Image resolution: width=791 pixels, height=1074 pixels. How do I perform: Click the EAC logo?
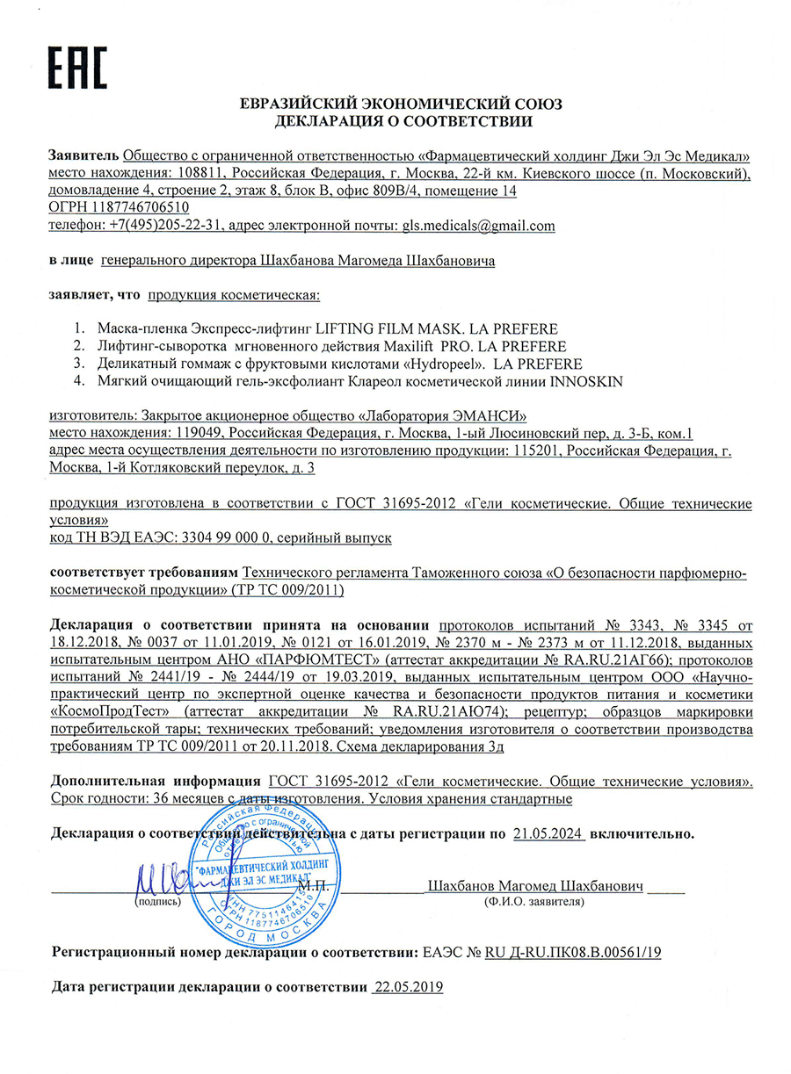pos(76,66)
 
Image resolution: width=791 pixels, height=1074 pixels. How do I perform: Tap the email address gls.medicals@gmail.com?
pos(478,226)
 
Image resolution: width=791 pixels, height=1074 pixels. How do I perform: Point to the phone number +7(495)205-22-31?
pos(161,226)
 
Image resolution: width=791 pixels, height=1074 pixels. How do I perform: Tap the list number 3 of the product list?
pos(78,364)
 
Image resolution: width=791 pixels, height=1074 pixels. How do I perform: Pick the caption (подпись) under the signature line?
pos(157,901)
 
